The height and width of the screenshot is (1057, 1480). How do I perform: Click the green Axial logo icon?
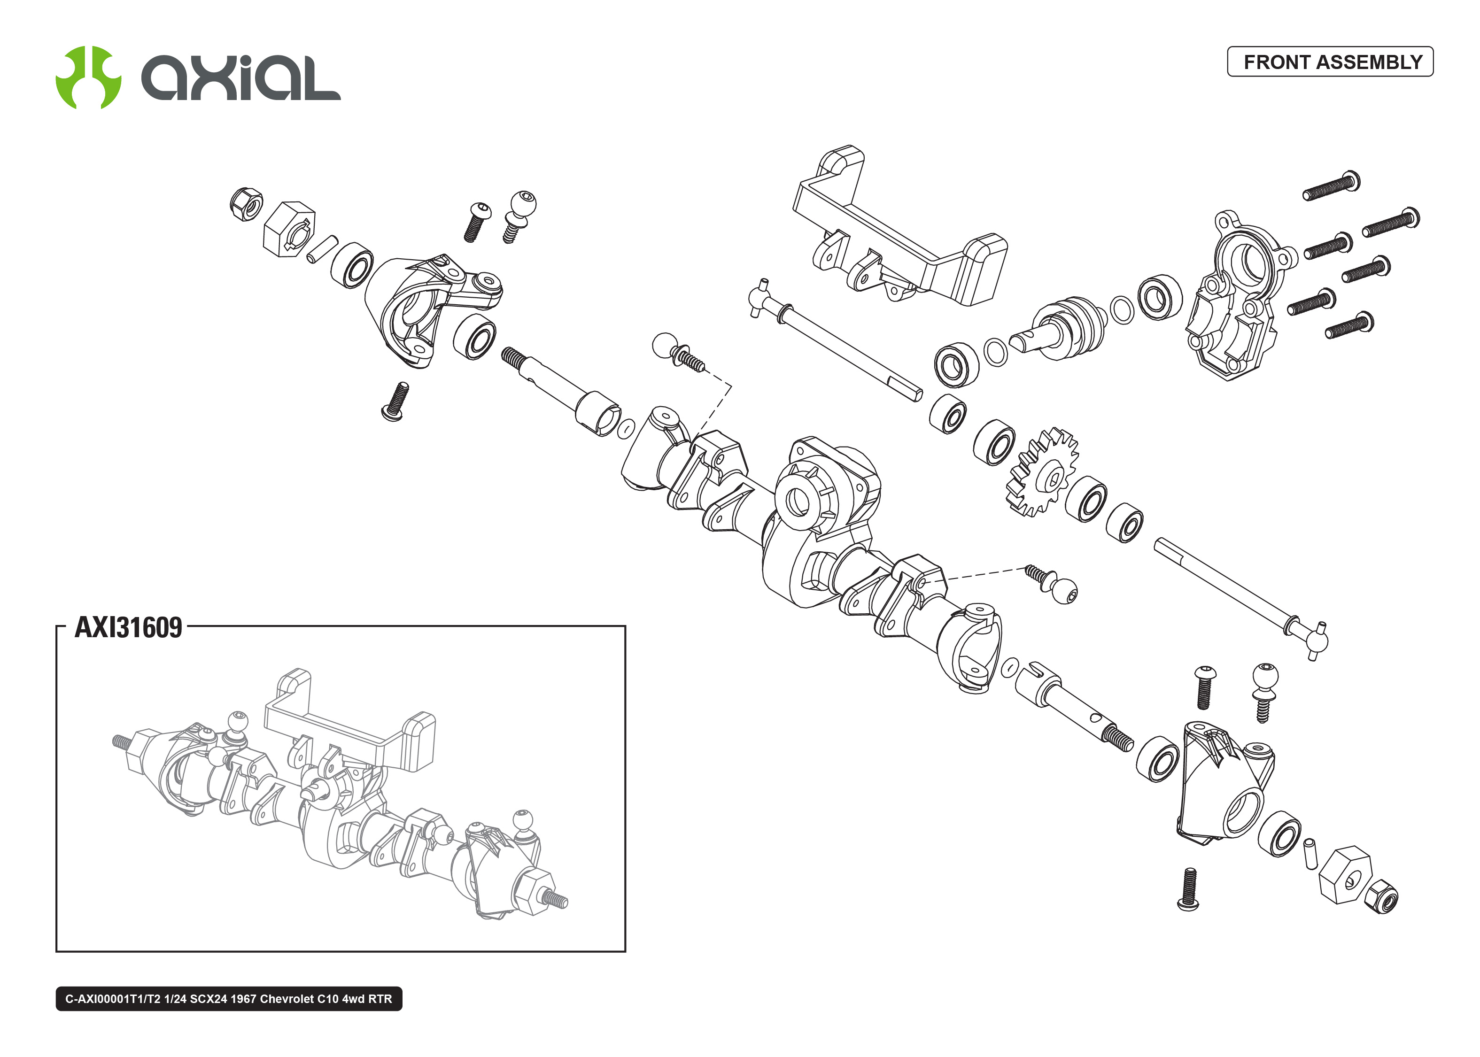pyautogui.click(x=88, y=77)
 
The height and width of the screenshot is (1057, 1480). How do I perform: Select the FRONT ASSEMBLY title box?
pyautogui.click(x=1330, y=62)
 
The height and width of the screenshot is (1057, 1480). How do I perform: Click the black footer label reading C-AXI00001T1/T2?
pyautogui.click(x=228, y=998)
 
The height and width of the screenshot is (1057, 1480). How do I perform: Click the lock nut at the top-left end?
pyautogui.click(x=247, y=204)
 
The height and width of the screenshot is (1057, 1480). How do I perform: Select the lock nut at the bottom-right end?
pyautogui.click(x=1380, y=899)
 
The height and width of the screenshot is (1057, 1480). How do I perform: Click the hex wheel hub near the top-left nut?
pyautogui.click(x=289, y=229)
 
